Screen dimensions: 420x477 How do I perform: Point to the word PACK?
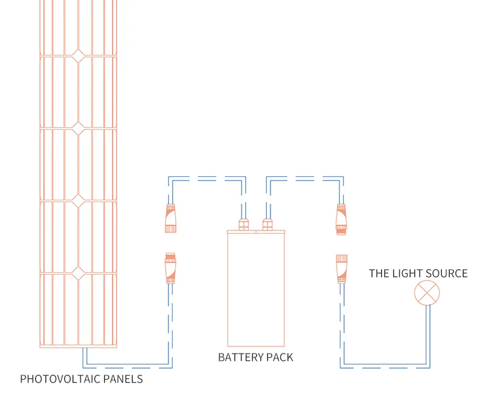(x=278, y=357)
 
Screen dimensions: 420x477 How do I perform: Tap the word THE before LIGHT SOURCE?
(x=379, y=273)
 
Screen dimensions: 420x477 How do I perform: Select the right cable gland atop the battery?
(x=267, y=224)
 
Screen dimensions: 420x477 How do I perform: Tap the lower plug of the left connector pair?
(x=170, y=268)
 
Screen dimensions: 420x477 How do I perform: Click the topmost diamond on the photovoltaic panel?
(x=78, y=56)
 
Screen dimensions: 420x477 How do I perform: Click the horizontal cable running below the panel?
(x=127, y=366)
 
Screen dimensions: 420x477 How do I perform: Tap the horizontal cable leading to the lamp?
(x=386, y=366)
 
